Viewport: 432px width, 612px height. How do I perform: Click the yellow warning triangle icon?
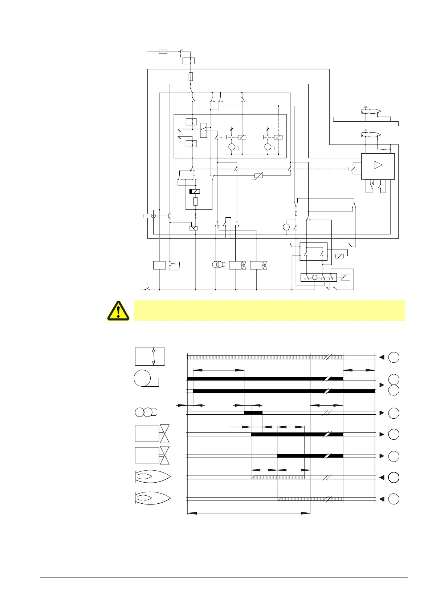118,311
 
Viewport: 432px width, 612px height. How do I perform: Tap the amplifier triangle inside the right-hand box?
378,165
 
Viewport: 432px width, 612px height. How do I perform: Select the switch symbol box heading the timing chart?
150,356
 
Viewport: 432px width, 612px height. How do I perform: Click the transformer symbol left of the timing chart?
145,412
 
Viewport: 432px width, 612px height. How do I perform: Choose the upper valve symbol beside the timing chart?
152,434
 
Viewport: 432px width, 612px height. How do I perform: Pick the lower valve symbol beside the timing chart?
152,455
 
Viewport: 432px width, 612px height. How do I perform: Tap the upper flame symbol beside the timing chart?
152,477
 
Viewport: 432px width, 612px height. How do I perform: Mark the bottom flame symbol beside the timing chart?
152,498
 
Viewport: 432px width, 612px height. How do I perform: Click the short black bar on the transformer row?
253,413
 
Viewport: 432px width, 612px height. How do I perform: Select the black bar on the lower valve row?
310,456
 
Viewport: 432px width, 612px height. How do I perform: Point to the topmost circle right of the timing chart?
394,357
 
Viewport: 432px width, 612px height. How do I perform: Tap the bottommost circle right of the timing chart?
394,499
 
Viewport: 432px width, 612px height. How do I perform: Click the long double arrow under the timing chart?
248,513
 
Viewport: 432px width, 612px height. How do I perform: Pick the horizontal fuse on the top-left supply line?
163,52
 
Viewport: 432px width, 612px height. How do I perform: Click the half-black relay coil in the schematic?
195,192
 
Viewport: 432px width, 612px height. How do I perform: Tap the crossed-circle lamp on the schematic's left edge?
153,216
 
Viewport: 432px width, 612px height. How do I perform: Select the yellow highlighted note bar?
269,310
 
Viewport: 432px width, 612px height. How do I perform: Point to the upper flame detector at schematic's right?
371,112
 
